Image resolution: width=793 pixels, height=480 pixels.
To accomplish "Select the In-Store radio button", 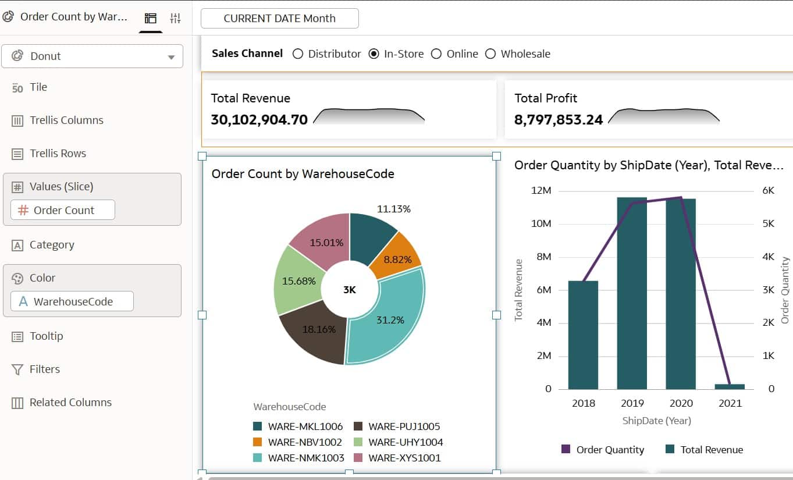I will (374, 54).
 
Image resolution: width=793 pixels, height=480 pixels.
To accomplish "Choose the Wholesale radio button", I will (490, 54).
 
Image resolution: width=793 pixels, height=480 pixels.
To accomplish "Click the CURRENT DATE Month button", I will (279, 19).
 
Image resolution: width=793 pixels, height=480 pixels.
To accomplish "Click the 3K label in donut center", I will (349, 290).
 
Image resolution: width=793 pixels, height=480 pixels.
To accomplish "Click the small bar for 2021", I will (730, 386).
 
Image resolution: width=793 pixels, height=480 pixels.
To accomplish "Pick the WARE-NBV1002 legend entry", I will (297, 442).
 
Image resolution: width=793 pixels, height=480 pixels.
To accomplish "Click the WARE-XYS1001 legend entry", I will (397, 458).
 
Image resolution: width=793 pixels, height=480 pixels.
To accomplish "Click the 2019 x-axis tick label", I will (632, 403).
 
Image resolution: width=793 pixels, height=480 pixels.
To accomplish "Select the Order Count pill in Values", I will (63, 211).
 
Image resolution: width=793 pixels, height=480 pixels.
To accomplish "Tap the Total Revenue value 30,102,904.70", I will (259, 120).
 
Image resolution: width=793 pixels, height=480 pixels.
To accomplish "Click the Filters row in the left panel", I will (45, 369).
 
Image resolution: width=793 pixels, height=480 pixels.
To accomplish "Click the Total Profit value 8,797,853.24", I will (559, 120).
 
